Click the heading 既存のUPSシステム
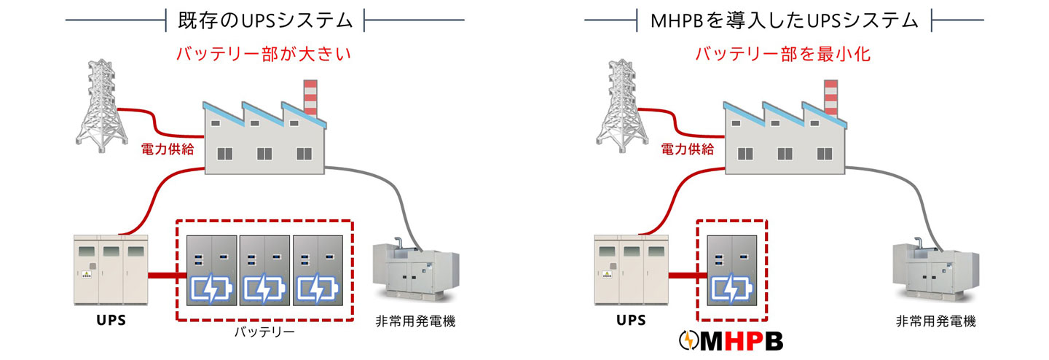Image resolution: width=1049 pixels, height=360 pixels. pos(265,20)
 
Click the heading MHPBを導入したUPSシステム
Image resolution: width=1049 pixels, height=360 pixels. pos(785,20)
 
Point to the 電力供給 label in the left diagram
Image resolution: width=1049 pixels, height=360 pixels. pos(167,149)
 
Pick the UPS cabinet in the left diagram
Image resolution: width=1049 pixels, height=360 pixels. pos(111,270)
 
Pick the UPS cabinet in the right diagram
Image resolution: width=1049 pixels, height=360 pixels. pos(630,270)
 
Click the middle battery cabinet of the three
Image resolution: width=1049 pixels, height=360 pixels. pos(265,270)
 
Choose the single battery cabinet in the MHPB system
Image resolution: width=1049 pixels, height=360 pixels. pos(731,270)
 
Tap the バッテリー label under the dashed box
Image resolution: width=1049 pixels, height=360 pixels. pos(264,332)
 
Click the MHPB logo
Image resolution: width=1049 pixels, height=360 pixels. pos(731,340)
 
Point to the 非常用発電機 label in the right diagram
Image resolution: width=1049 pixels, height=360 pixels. pos(935,321)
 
